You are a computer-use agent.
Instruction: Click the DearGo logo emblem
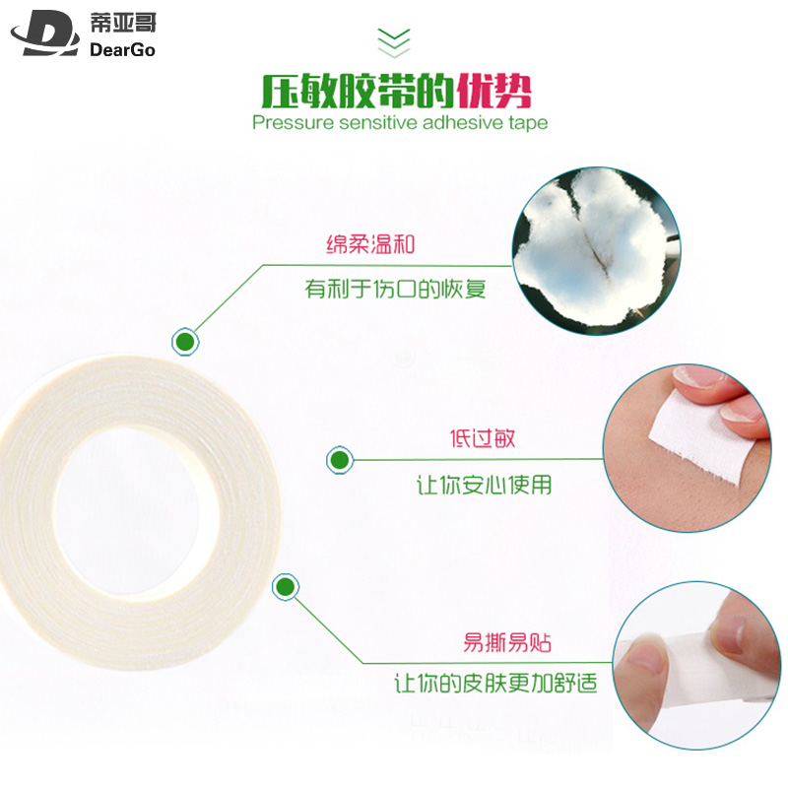tap(45, 33)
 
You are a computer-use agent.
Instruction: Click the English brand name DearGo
tap(122, 49)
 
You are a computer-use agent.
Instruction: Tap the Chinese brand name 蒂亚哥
tap(123, 23)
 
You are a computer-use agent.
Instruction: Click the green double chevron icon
tap(394, 42)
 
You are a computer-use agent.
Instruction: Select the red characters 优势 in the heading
tap(494, 92)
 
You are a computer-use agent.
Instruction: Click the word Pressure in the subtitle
tap(293, 122)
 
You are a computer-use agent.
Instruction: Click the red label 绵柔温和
tap(371, 244)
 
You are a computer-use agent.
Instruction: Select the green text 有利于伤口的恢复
tap(396, 289)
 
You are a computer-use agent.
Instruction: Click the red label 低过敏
tap(483, 438)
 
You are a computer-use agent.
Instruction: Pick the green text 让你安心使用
tap(484, 485)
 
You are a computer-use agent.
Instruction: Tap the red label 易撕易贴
tap(506, 642)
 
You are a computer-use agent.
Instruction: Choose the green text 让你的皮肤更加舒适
tap(495, 684)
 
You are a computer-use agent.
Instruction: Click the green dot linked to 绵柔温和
tap(185, 342)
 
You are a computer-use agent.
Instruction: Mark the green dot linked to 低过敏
tap(340, 460)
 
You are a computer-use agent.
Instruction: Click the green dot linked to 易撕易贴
tap(286, 587)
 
